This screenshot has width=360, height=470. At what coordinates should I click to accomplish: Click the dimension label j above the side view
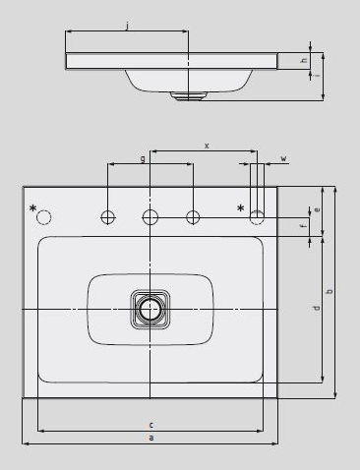coord(127,26)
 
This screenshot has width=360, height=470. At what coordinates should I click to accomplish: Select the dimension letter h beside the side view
coord(305,61)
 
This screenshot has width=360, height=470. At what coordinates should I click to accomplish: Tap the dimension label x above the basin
coord(207,146)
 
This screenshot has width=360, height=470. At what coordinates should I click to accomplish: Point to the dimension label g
coord(143,159)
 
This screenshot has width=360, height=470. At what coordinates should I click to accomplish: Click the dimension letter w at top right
coord(284,158)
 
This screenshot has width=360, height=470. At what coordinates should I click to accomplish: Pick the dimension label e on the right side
coord(317,209)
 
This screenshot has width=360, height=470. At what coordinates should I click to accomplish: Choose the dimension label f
coord(304,225)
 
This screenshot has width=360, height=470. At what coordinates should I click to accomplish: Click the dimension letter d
coord(316,309)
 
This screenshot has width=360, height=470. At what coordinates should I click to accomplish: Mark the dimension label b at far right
coord(330,291)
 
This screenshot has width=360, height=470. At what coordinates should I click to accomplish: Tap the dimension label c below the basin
coord(151,425)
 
